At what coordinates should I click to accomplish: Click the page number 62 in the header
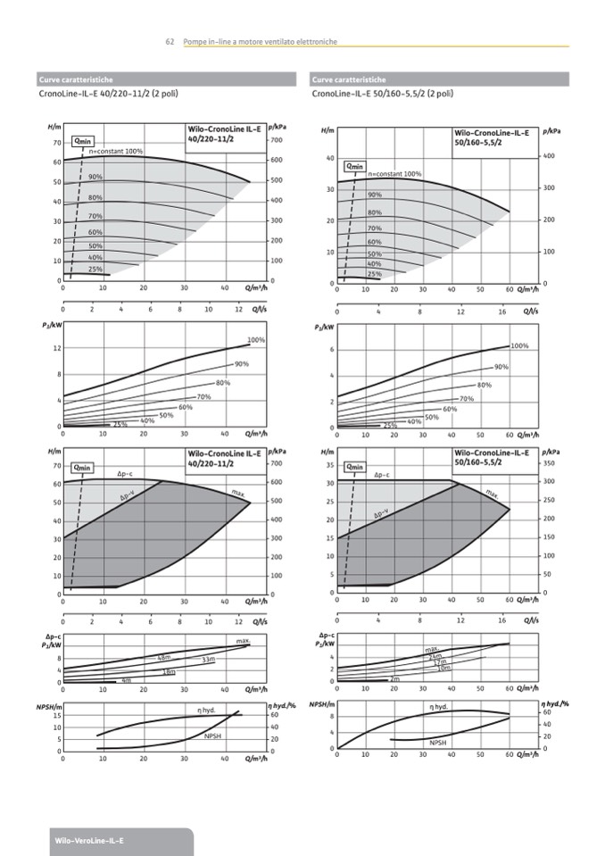tap(169, 42)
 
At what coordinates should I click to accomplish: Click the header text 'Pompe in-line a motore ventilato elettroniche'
tap(260, 42)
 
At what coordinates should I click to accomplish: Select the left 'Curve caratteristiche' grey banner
tap(169, 79)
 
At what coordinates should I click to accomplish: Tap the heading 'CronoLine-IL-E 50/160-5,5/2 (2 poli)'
tap(383, 93)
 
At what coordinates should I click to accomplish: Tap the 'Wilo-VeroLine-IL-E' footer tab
tap(89, 841)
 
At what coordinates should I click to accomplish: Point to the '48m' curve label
tap(164, 657)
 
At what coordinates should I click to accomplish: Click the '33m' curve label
tap(209, 659)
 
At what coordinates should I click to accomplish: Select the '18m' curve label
tap(168, 671)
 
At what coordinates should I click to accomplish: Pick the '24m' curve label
tap(435, 656)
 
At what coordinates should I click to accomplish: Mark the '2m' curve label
tap(394, 678)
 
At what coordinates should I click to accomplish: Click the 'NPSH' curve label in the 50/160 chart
tap(438, 742)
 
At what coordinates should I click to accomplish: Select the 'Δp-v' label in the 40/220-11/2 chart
tap(127, 496)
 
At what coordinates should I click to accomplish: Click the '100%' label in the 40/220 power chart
tap(256, 340)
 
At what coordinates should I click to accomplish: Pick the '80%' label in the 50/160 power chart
tap(485, 385)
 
